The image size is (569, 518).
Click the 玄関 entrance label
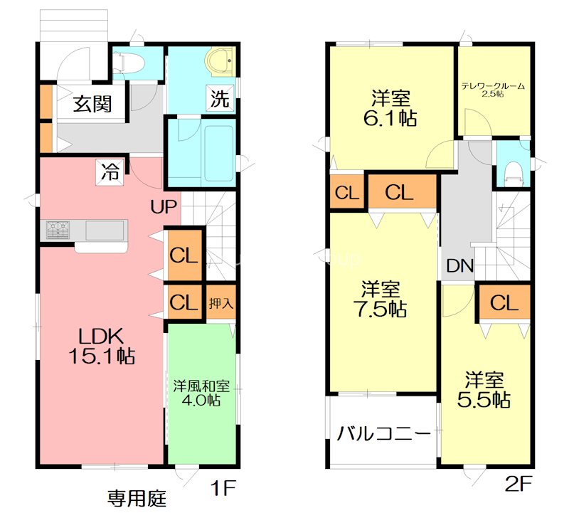point(92,104)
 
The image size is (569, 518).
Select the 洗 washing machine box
point(220,97)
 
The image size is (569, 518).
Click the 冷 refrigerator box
point(110,171)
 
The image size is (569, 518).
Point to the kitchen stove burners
point(58,230)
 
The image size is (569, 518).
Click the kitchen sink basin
point(105,231)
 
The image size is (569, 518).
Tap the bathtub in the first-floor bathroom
point(219,153)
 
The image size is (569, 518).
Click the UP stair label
point(164,206)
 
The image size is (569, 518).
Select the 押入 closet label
point(221,303)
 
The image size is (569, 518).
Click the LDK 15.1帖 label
point(102,346)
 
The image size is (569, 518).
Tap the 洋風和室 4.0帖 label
point(201,393)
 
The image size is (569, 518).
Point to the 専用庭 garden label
point(137,498)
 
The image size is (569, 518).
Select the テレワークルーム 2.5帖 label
point(493,90)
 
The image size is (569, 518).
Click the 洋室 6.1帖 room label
point(390,108)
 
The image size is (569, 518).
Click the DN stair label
point(460,265)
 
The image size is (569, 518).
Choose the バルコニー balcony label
point(384,433)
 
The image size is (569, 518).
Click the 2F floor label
point(519,484)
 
